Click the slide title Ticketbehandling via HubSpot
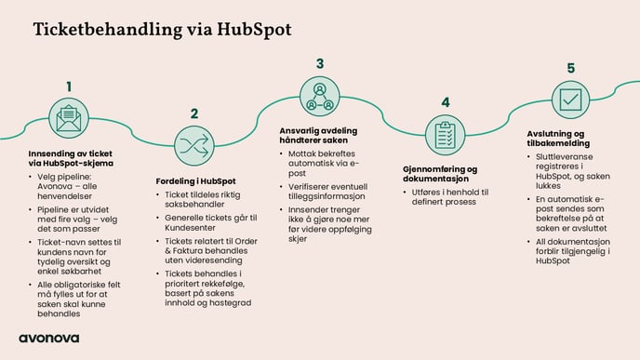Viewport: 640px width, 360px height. (162, 30)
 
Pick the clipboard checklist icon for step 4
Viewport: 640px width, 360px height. (445, 134)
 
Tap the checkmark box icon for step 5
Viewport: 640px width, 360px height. (569, 99)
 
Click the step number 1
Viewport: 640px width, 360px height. (68, 87)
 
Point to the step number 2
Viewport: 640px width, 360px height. (194, 113)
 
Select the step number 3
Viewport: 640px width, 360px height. (319, 63)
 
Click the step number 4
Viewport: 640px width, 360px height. (446, 102)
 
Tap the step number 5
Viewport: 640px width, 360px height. (570, 68)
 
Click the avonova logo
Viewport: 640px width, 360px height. (48, 338)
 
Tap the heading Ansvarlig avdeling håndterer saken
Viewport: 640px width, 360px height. (319, 135)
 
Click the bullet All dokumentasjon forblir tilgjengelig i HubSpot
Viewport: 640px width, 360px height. (578, 250)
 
